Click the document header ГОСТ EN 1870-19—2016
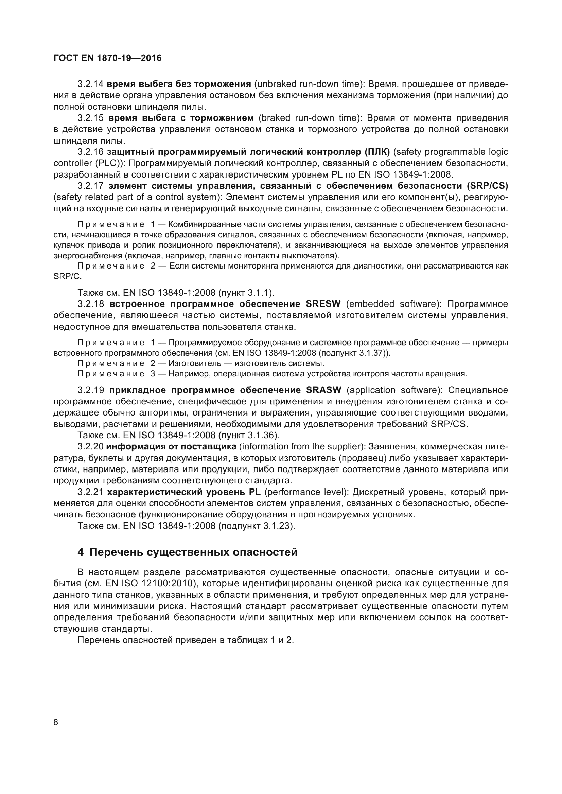coord(107,58)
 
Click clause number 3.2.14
coord(90,84)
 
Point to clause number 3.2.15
coord(90,118)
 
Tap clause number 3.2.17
coord(90,186)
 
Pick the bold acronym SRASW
coord(323,390)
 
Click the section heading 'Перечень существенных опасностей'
coord(193,552)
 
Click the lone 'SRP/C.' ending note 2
coord(68,277)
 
